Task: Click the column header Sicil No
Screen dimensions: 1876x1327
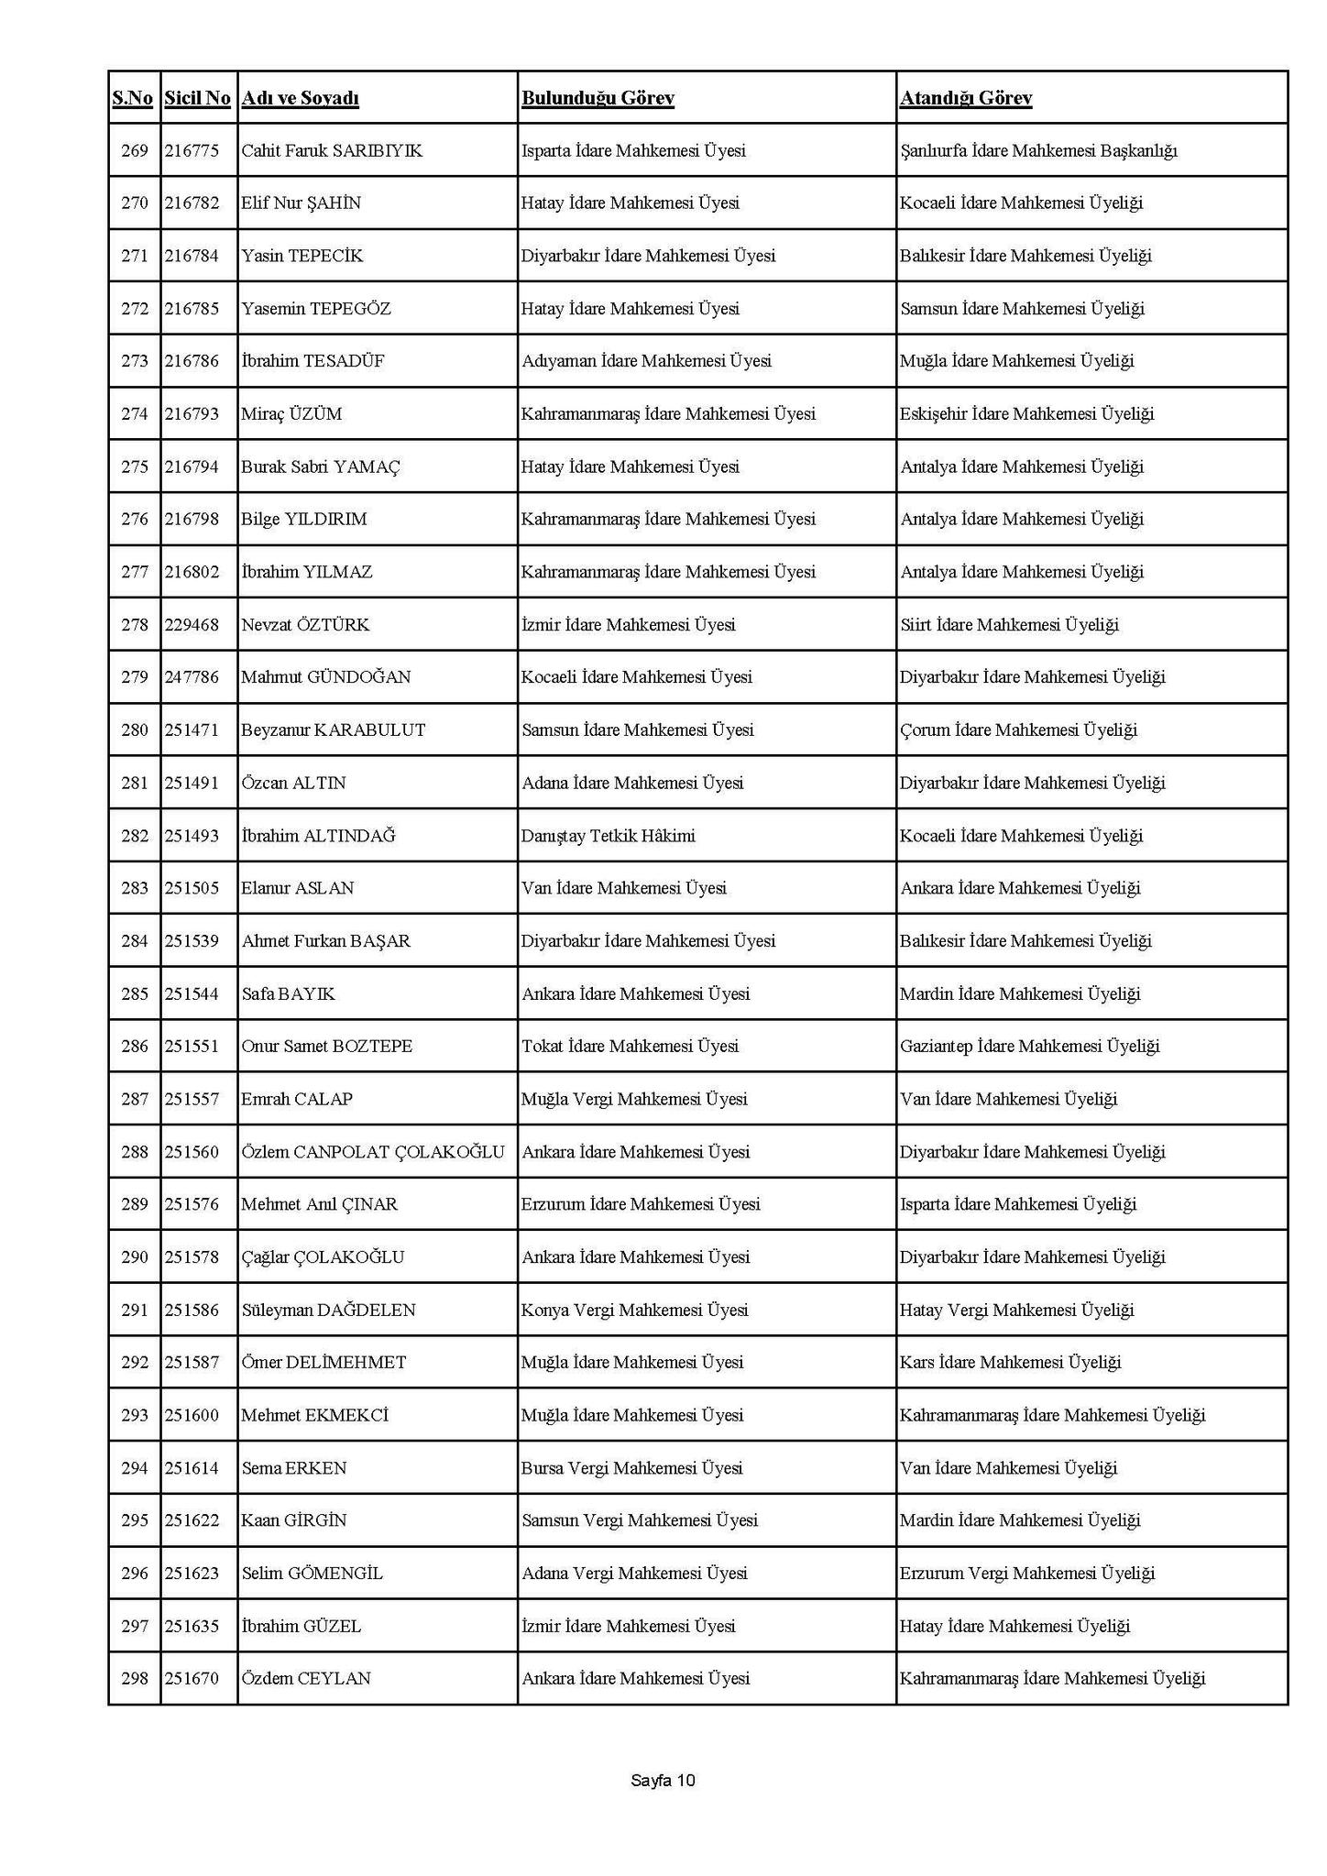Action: pos(197,98)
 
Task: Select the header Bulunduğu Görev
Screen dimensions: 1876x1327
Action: pos(598,98)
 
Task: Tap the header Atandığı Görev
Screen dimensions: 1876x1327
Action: pos(966,98)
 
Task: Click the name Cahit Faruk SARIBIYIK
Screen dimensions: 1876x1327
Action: pos(332,150)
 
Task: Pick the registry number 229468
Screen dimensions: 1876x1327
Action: pos(192,625)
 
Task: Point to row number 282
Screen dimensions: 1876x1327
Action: pos(135,836)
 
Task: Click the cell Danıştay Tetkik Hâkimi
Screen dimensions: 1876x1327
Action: pos(609,836)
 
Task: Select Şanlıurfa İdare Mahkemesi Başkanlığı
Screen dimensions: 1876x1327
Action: pos(1038,150)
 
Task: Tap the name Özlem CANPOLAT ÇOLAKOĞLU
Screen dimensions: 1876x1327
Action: pos(373,1152)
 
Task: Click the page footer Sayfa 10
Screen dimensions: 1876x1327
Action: pos(663,1781)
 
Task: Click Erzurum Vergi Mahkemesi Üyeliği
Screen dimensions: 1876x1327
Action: pos(1026,1574)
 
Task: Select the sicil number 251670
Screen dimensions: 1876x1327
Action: pos(192,1679)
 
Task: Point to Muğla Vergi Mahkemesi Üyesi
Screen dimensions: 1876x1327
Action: pos(634,1099)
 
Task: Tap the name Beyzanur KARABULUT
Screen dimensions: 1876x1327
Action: pos(334,730)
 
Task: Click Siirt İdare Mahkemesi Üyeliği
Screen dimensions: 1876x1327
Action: pos(1009,625)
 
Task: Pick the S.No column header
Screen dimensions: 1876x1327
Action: pos(133,98)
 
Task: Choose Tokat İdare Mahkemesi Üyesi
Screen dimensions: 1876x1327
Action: pos(630,1047)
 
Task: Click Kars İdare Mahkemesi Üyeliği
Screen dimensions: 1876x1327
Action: pos(1010,1363)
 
